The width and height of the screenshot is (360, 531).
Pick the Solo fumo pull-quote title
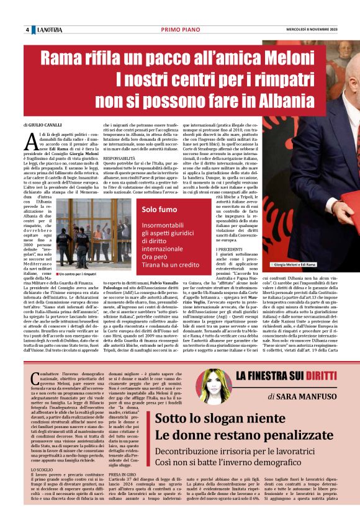coord(160,210)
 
